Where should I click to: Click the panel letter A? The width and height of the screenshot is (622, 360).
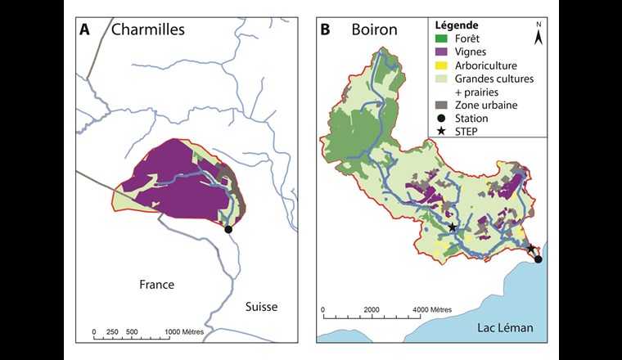click(x=84, y=30)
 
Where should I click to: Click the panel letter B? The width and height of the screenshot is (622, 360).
click(x=325, y=30)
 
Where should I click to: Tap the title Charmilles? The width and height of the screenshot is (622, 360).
click(x=137, y=30)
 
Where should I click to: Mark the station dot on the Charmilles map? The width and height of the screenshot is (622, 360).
click(x=228, y=230)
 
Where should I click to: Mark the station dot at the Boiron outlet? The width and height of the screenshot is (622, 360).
click(x=539, y=259)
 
